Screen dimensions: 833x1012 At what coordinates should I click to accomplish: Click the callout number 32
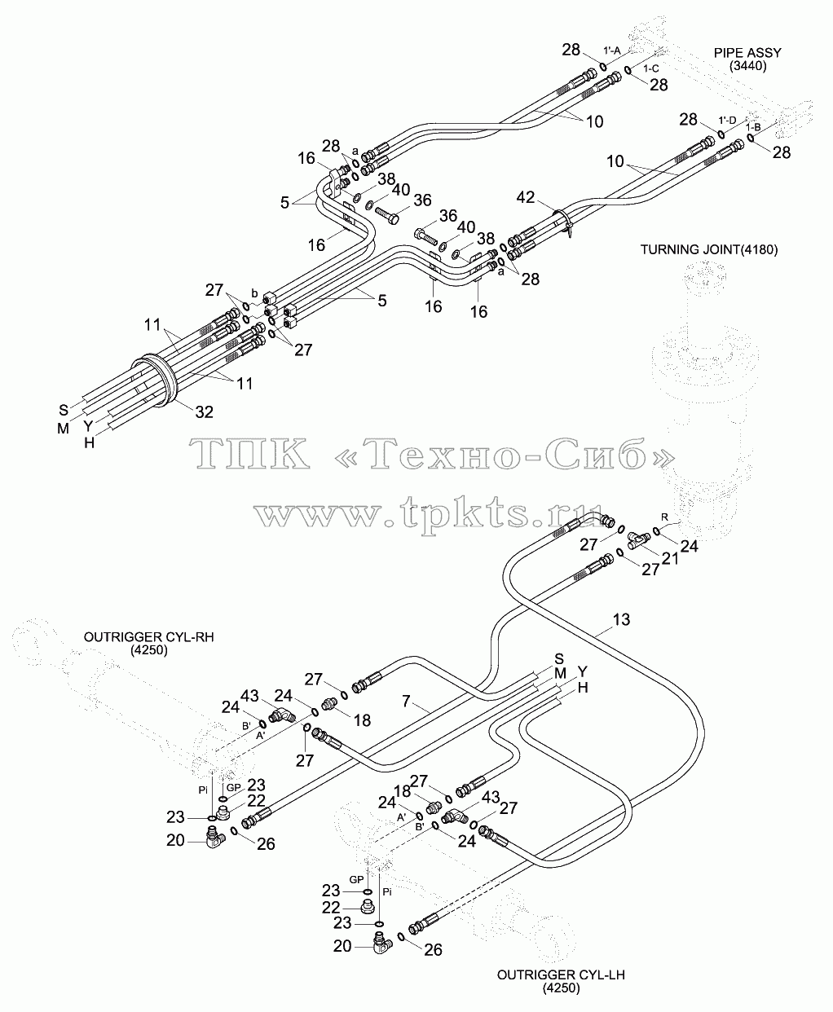click(204, 411)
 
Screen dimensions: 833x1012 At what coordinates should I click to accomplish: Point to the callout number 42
click(525, 197)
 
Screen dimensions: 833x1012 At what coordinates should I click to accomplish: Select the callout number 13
click(621, 619)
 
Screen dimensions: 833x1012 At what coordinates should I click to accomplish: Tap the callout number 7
click(406, 701)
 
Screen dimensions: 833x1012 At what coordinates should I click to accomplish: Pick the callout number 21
click(670, 558)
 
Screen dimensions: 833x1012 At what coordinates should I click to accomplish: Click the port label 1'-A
click(611, 51)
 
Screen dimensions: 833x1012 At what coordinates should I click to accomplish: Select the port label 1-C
click(651, 68)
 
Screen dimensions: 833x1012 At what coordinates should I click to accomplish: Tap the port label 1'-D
click(727, 120)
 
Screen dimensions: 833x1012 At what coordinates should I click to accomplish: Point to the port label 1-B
click(753, 127)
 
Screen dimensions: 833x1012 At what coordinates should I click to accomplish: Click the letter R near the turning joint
click(664, 517)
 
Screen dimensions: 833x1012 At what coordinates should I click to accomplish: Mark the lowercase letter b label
click(254, 293)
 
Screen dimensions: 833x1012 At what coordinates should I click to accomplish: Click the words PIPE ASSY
click(747, 53)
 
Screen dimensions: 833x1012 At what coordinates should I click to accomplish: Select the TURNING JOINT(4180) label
click(708, 249)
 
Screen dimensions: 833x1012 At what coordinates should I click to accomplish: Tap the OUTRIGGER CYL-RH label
click(149, 636)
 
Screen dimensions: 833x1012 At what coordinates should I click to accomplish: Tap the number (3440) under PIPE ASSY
click(747, 66)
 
